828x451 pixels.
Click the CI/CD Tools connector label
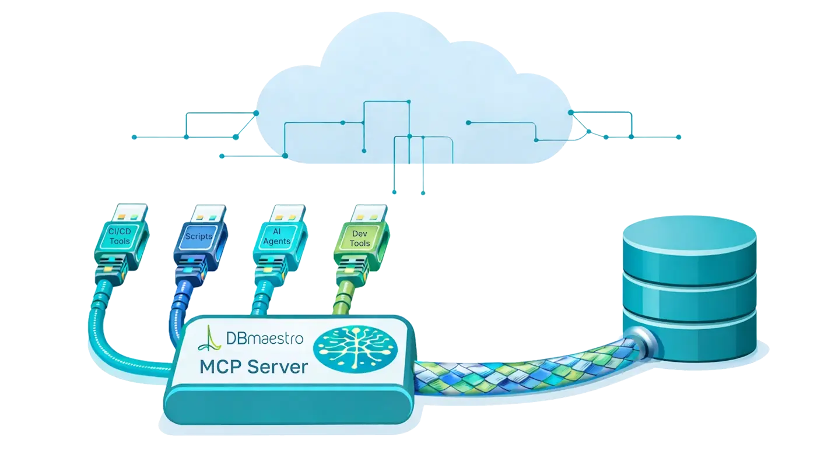120,237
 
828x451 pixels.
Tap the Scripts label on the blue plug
198,237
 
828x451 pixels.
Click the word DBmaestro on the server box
264,337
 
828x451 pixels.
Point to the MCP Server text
253,367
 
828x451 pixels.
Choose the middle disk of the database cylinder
690,294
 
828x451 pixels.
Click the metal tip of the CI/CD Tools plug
125,213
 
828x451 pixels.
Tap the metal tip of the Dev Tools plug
364,214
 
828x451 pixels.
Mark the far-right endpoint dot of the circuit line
678,138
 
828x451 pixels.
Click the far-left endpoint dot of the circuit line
134,138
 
